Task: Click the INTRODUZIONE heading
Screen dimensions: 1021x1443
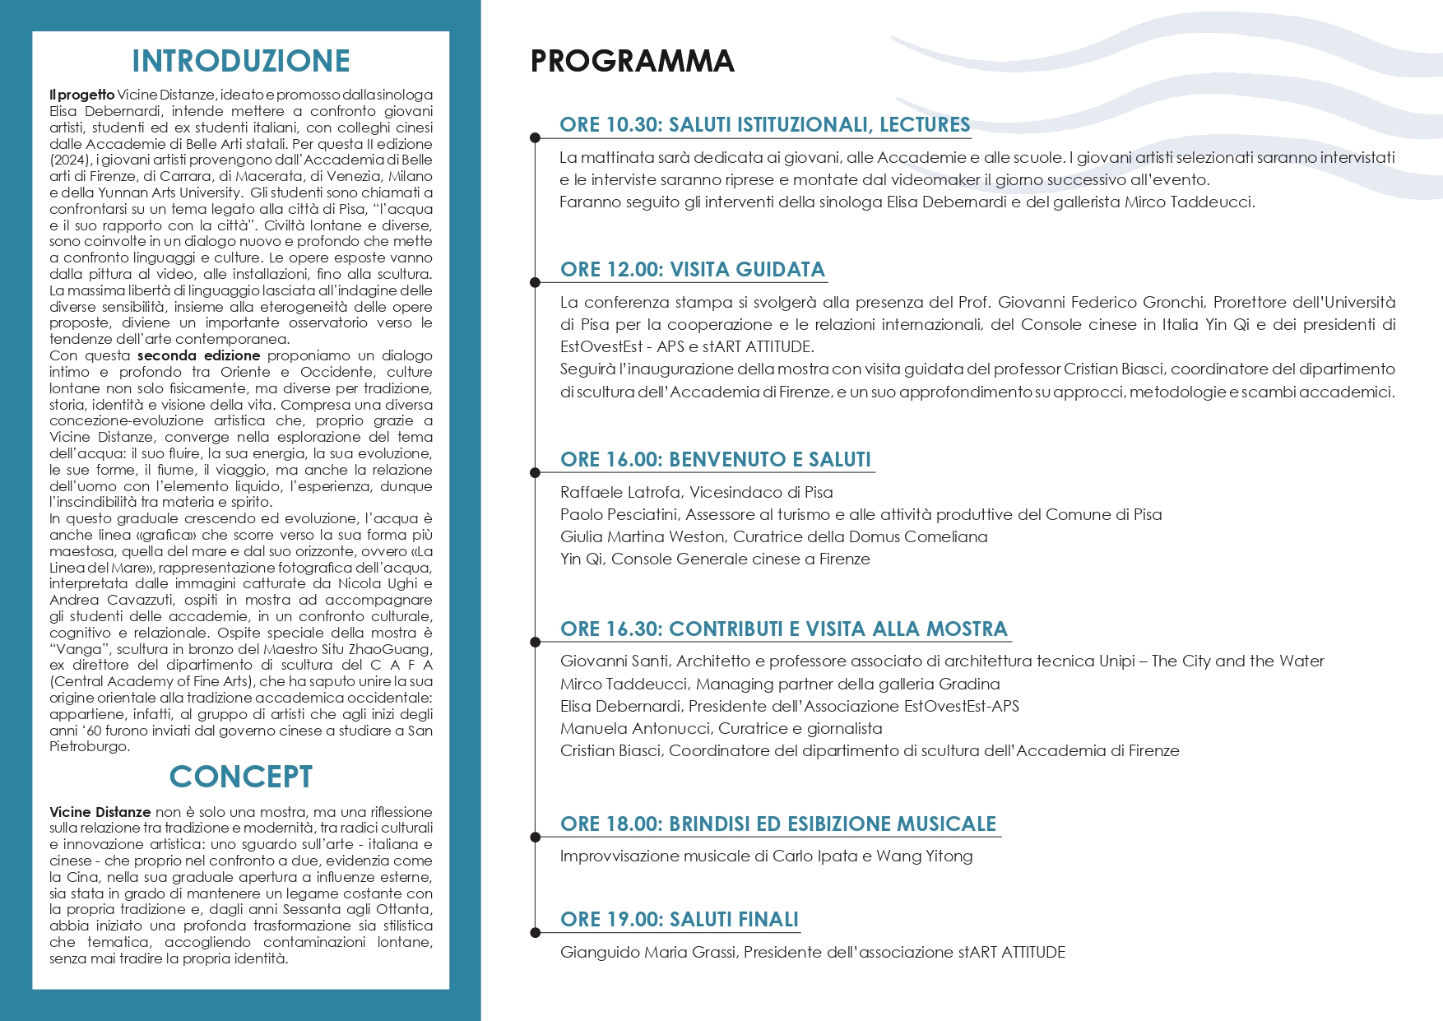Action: [x=240, y=61]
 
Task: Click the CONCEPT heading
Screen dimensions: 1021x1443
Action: [x=240, y=777]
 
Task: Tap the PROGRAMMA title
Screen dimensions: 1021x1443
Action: [x=632, y=61]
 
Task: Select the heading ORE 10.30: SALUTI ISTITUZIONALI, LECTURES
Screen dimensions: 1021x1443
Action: [x=764, y=124]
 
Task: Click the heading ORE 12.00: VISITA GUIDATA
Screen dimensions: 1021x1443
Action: [x=692, y=269]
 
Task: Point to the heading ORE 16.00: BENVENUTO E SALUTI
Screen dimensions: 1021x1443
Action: [x=715, y=459]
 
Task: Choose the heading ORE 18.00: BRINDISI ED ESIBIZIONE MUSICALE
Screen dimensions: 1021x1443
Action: [x=777, y=824]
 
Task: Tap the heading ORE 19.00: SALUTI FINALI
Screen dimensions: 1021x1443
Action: [x=679, y=919]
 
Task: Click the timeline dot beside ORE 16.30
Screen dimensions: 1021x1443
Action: [x=536, y=642]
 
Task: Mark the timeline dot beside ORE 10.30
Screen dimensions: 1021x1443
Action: [x=536, y=137]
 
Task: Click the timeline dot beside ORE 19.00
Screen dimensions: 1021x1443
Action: [x=536, y=932]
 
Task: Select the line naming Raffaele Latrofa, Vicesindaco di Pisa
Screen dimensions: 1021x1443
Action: [x=696, y=492]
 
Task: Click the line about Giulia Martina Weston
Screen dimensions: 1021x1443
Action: [x=773, y=536]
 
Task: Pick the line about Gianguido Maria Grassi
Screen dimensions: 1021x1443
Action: [x=812, y=952]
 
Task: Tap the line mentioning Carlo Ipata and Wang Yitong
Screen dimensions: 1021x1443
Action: [x=766, y=856]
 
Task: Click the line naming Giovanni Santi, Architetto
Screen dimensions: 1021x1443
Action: [x=942, y=661]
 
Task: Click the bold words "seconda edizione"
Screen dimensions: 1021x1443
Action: [x=198, y=355]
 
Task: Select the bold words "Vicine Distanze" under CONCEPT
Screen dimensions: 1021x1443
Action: [x=100, y=812]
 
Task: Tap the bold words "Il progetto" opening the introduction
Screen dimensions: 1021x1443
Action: [x=81, y=95]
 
